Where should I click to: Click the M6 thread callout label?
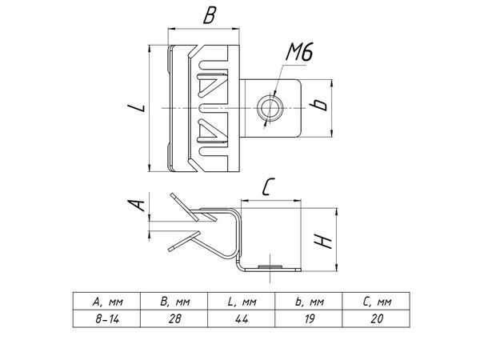[x=299, y=52]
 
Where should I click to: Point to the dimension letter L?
[x=136, y=107]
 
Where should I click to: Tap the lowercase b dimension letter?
[x=318, y=105]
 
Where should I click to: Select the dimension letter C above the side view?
[x=268, y=186]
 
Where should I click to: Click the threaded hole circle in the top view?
[x=270, y=108]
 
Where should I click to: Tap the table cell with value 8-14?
[x=106, y=318]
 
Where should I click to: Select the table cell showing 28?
[x=174, y=318]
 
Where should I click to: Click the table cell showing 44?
[x=242, y=318]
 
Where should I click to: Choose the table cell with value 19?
[x=309, y=318]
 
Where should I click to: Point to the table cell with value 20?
[x=376, y=318]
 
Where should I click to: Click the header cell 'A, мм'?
[x=106, y=302]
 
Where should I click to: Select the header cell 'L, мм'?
[x=242, y=302]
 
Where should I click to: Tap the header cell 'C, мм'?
[x=376, y=302]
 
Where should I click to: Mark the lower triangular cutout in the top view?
[x=210, y=130]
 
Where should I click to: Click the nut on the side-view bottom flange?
[x=270, y=266]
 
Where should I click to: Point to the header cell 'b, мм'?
[x=309, y=302]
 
